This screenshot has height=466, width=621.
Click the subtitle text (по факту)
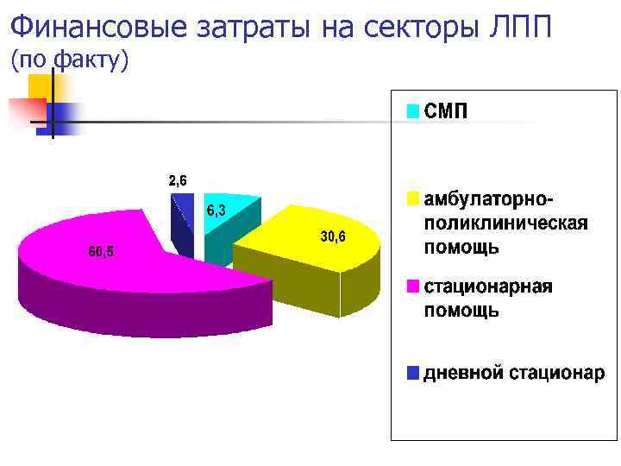pos(69,61)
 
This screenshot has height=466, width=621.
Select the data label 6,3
pos(216,210)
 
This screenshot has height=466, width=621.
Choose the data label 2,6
pos(179,180)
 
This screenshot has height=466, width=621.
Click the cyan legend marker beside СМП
pos(413,112)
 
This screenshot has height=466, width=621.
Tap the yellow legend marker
pos(413,200)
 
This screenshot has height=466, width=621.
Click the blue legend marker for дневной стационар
pos(413,374)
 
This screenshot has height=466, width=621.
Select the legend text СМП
pos(446,112)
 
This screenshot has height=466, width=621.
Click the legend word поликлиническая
pos(505,224)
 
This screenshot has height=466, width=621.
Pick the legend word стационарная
pos(487,287)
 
